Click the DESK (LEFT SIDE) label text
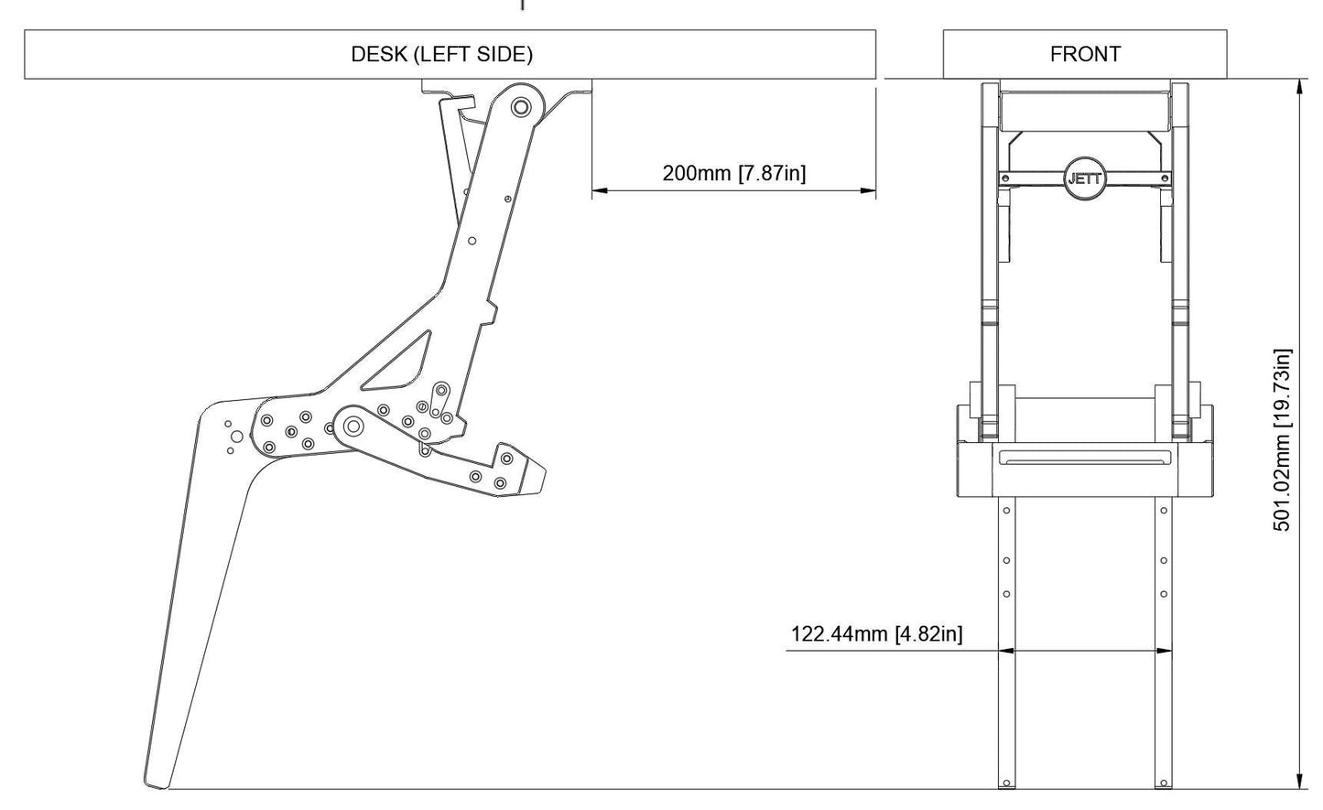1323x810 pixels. tap(441, 54)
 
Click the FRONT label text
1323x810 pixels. tap(1085, 54)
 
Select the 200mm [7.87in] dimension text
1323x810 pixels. tap(734, 173)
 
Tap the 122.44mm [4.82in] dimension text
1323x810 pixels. tap(876, 633)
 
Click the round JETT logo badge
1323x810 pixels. tap(1085, 178)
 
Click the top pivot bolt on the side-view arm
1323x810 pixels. tap(520, 107)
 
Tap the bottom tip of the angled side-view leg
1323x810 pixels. tap(157, 783)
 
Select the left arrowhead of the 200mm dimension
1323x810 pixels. tap(598, 191)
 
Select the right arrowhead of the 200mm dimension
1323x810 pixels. tap(870, 191)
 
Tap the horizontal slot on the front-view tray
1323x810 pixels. tap(1085, 458)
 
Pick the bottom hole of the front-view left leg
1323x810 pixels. tap(1006, 783)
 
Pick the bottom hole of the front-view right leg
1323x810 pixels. tap(1164, 783)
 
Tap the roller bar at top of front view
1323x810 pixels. tap(1085, 110)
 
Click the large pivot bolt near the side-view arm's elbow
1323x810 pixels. tap(352, 426)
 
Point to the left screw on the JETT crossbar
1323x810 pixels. tap(1005, 178)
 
